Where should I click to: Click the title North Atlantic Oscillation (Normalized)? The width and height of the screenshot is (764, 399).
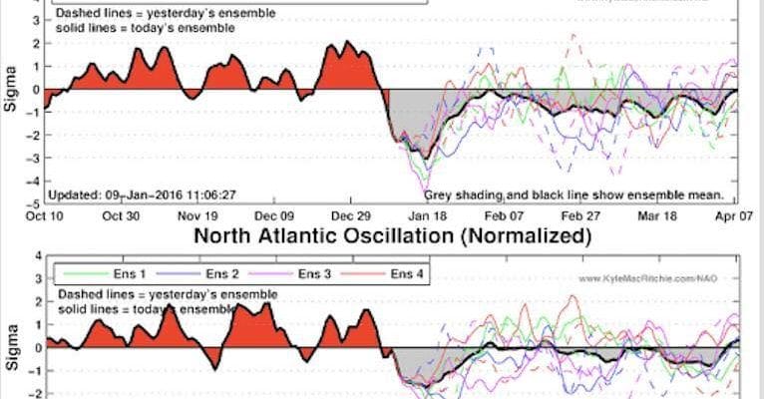392,236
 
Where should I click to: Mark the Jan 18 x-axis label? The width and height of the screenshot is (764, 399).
431,215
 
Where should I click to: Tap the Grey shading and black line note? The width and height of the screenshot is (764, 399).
573,197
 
